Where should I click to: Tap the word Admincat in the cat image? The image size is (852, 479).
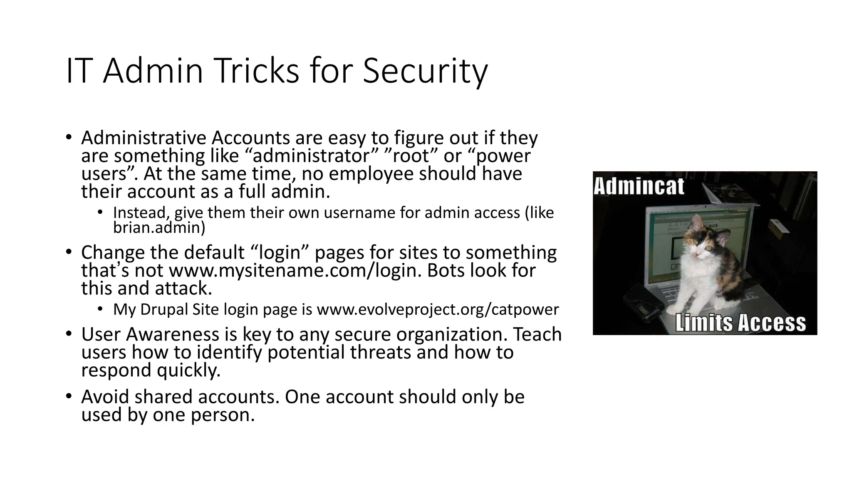639,186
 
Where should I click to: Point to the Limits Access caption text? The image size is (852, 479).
741,323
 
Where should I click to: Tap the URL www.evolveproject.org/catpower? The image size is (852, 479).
438,309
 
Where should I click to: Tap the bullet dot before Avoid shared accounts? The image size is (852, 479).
69,397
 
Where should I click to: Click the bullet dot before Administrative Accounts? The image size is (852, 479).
69,138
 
